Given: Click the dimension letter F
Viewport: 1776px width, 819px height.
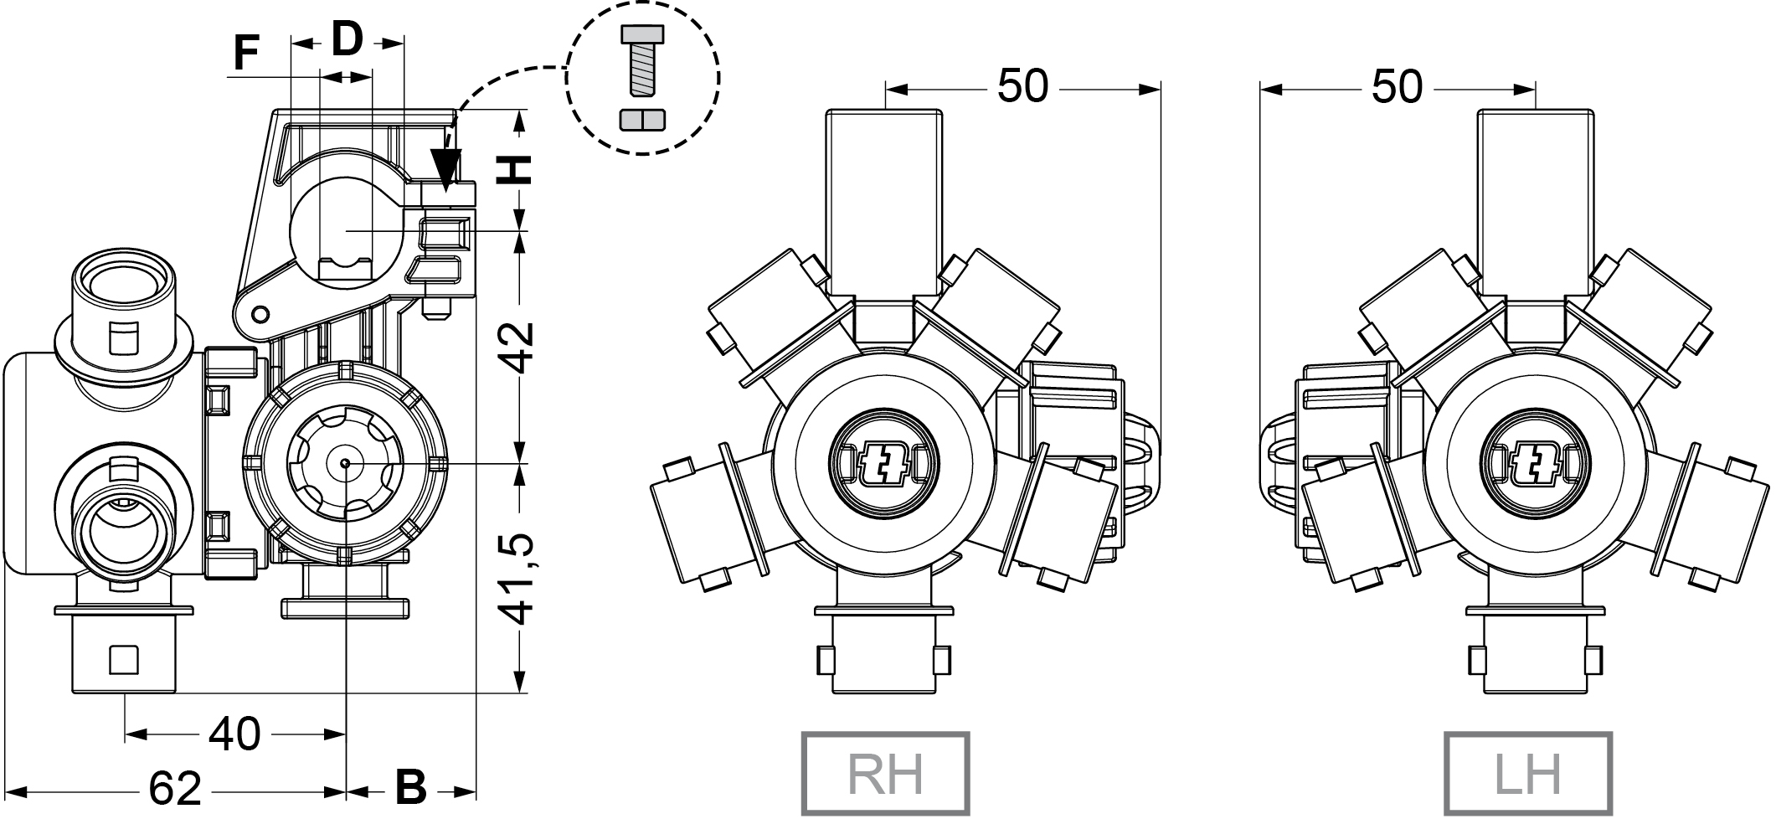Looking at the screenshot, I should (245, 52).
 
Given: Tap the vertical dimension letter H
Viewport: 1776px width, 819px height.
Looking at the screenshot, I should (514, 170).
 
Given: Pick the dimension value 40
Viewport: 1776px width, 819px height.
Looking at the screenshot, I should (234, 734).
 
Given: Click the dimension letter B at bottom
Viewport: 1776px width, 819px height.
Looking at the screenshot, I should (410, 788).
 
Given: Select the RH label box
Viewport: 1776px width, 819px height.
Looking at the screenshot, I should (886, 773).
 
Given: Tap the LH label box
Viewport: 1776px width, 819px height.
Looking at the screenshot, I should (1528, 773).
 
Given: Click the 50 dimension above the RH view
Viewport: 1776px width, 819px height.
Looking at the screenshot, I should (1022, 86).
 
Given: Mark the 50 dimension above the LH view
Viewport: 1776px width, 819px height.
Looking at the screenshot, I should (1398, 86).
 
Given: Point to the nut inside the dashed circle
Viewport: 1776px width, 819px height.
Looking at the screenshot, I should (642, 120).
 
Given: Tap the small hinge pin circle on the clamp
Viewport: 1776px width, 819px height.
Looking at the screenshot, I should (260, 313).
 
